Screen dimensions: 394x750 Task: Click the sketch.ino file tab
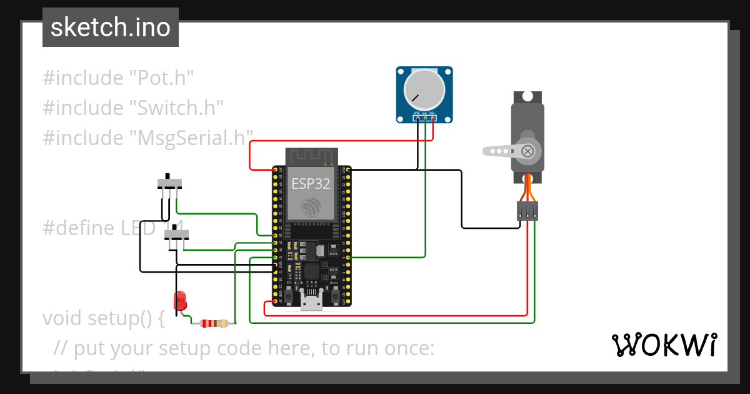pyautogui.click(x=111, y=28)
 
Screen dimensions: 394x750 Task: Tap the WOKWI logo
pyautogui.click(x=663, y=345)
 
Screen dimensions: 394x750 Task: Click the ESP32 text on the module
pyautogui.click(x=311, y=183)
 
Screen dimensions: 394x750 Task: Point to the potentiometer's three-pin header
pyautogui.click(x=424, y=117)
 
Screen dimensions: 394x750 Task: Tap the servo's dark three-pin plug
pyautogui.click(x=527, y=211)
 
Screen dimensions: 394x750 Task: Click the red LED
pyautogui.click(x=181, y=300)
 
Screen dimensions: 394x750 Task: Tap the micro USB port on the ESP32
pyautogui.click(x=311, y=304)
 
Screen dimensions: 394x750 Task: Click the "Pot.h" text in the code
pyautogui.click(x=161, y=78)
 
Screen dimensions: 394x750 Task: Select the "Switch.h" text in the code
pyautogui.click(x=176, y=108)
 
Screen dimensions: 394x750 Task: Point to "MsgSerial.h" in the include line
pyautogui.click(x=191, y=137)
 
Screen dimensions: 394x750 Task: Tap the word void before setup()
pyautogui.click(x=62, y=318)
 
